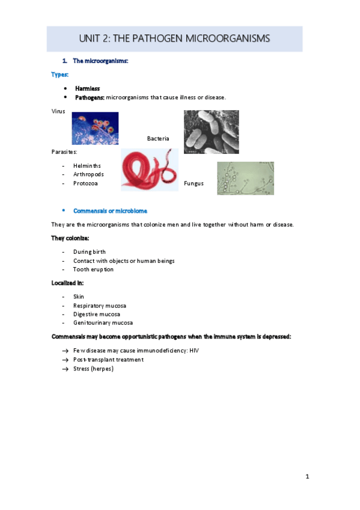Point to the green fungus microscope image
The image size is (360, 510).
(245, 178)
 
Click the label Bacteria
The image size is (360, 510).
(158, 139)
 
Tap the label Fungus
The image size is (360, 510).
(194, 183)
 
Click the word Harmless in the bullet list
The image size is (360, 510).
(87, 88)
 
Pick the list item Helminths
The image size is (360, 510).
(87, 165)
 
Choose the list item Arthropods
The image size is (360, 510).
(88, 174)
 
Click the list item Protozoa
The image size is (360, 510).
(85, 183)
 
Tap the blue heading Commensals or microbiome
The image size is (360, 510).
(110, 211)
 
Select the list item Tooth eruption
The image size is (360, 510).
(93, 269)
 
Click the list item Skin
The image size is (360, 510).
(79, 296)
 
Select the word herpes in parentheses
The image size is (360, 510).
(102, 369)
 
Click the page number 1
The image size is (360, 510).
(307, 477)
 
